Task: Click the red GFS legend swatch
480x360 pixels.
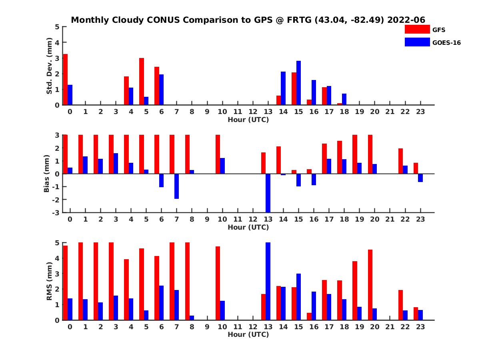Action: pos(417,29)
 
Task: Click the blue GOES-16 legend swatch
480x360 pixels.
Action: pos(417,42)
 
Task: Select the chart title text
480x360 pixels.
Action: pos(248,20)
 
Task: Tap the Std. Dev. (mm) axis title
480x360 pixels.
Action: pos(50,66)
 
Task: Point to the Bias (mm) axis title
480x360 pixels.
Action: pos(47,174)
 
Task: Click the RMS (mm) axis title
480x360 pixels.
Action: pos(50,282)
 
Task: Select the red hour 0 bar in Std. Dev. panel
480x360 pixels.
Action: pos(65,79)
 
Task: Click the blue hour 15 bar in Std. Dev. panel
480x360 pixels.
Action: pos(298,83)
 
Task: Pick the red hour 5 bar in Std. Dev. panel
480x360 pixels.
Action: pos(142,81)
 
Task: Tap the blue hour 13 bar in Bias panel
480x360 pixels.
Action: pos(268,193)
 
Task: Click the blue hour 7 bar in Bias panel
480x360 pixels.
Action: pos(176,186)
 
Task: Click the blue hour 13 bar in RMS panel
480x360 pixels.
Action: pos(268,281)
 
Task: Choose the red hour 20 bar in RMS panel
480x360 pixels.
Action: pos(370,285)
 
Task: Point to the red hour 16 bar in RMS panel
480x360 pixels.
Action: pos(309,316)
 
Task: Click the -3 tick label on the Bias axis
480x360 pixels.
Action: pos(57,212)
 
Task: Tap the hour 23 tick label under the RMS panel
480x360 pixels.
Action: pos(420,327)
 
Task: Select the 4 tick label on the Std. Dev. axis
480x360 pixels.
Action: pos(58,42)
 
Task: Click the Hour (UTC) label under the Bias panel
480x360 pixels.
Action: pos(248,227)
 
